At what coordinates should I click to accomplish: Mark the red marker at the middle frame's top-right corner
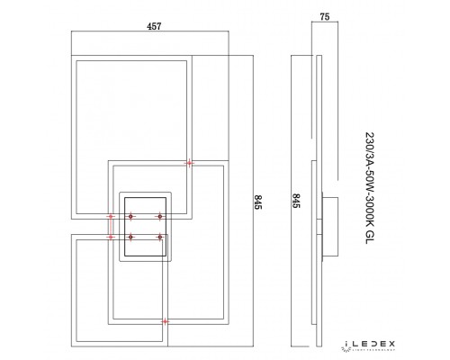coord(189,163)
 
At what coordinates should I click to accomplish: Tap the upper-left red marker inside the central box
coord(130,217)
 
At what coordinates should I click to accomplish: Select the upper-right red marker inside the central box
coord(160,217)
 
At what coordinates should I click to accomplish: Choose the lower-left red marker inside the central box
coord(130,238)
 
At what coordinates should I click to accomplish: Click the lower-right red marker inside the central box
coord(160,238)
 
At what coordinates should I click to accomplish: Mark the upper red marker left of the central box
coord(111,217)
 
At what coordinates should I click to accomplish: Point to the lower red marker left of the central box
coord(111,238)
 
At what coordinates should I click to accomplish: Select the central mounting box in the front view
coord(146,227)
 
